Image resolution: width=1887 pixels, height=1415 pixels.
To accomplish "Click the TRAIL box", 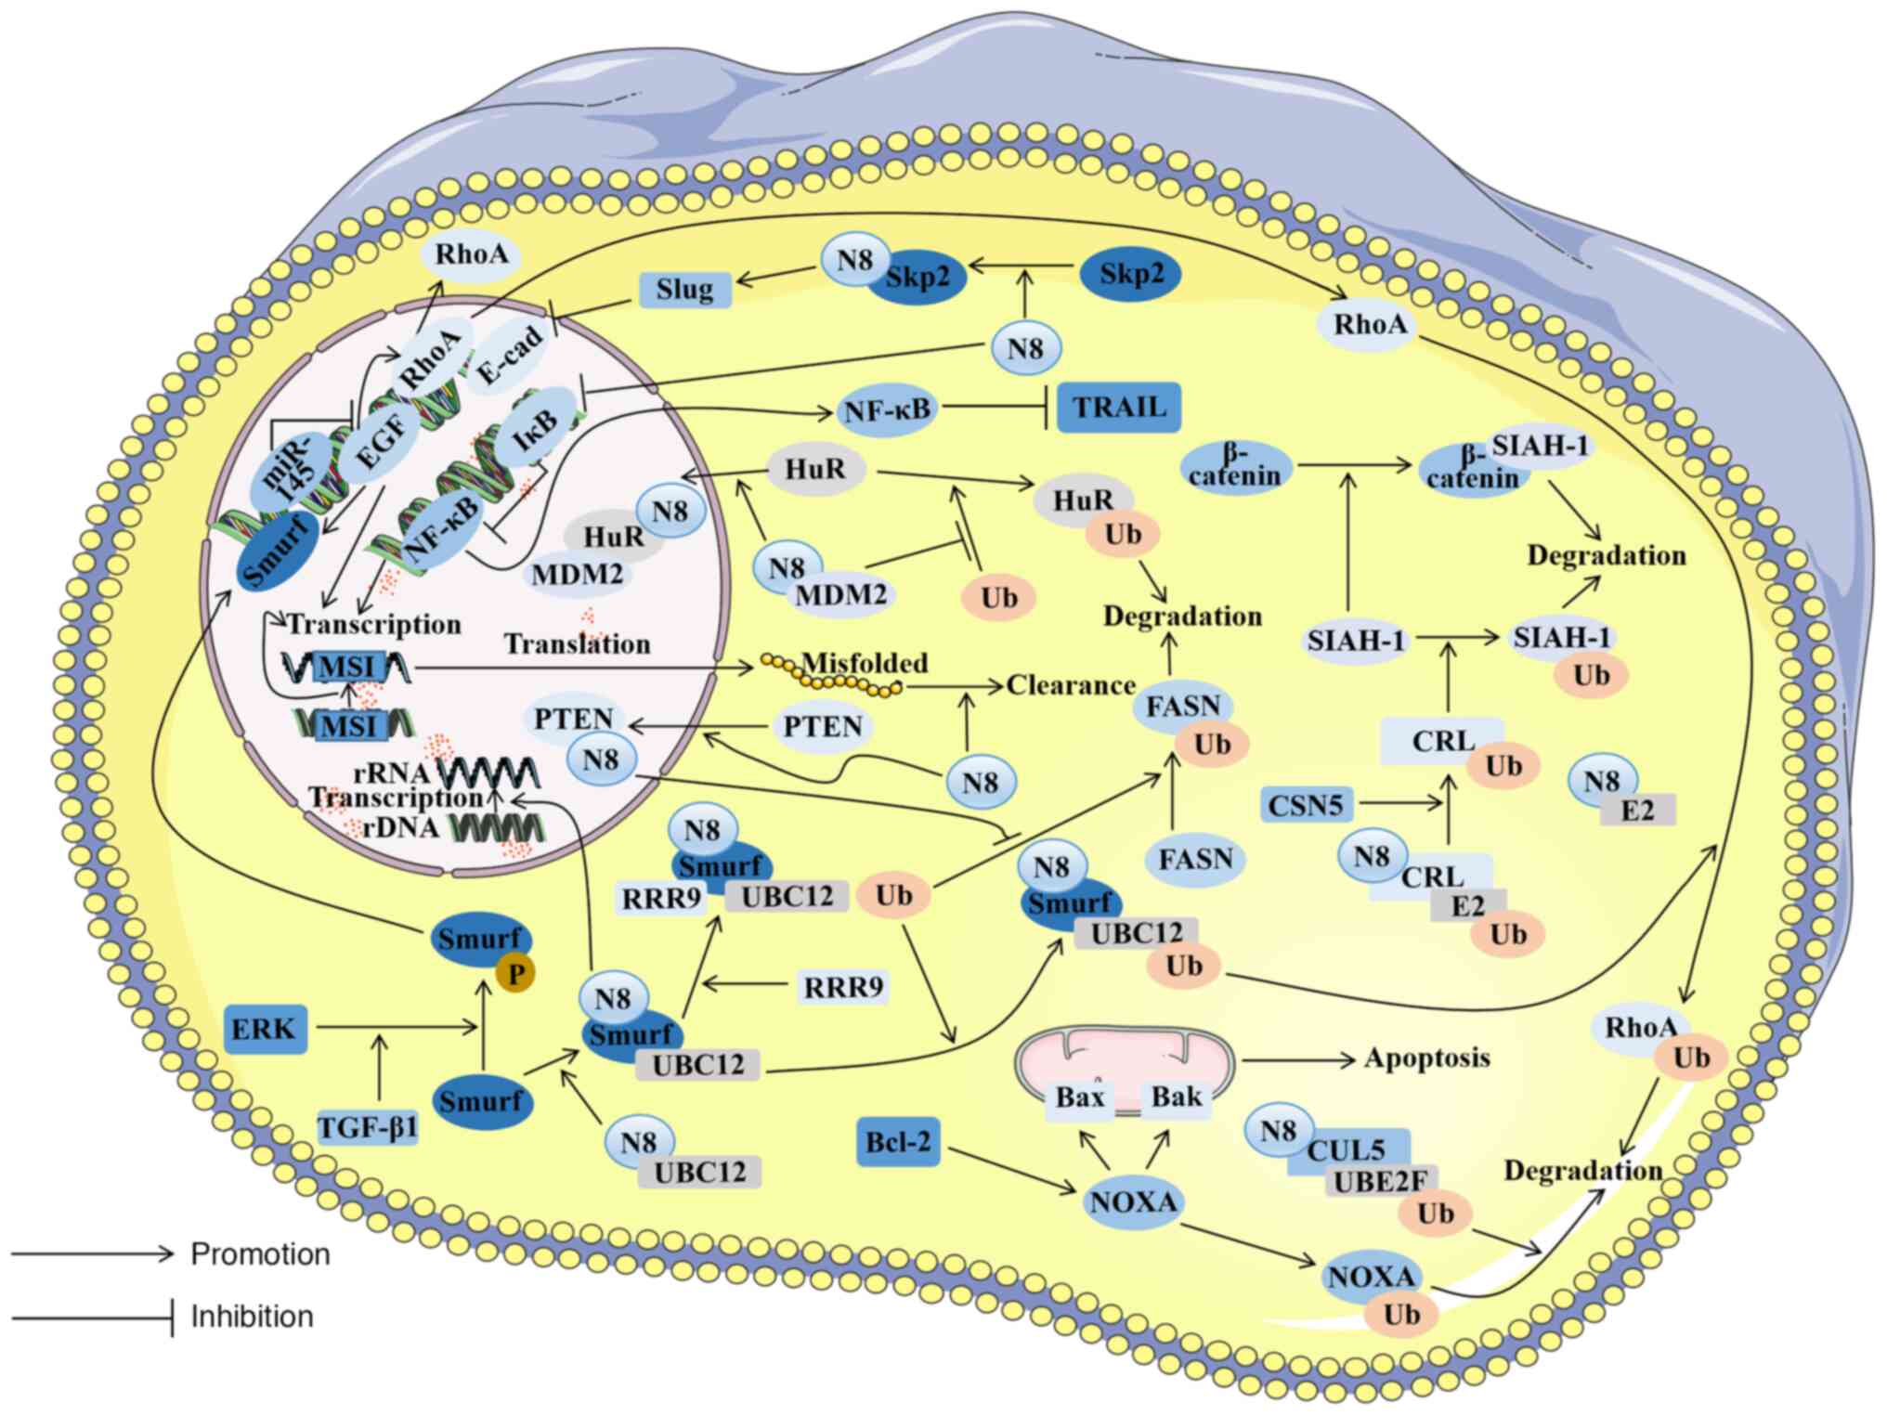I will [1119, 408].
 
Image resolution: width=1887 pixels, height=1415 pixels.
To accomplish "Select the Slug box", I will [684, 290].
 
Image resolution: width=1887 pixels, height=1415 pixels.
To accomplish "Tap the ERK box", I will [264, 1029].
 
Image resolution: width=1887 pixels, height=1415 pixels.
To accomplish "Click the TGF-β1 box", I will [368, 1128].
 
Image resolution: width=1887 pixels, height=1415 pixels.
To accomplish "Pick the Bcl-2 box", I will [897, 1141].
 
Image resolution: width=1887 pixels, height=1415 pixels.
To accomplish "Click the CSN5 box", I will [1306, 805].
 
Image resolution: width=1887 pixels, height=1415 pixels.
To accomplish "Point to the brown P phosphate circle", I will [515, 973].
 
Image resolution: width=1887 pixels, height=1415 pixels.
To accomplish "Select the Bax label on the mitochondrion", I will [1079, 1097].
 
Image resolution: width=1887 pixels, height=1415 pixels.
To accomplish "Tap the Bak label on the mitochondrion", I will [1176, 1097].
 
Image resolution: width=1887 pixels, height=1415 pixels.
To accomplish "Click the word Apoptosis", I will [1426, 1058].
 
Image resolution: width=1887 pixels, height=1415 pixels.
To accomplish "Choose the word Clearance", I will [1071, 685].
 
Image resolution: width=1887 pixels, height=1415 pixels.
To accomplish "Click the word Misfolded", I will [865, 663].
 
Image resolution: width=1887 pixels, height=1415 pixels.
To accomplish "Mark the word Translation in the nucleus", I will [577, 644].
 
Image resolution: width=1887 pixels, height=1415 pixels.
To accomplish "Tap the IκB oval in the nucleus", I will [536, 428].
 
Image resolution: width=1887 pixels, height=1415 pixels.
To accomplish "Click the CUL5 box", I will [1347, 1150].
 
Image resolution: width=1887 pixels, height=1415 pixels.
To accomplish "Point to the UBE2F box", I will [1380, 1181].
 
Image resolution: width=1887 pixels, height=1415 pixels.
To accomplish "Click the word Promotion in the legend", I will [260, 1254].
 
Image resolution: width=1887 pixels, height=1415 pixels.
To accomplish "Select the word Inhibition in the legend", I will [252, 1317].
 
